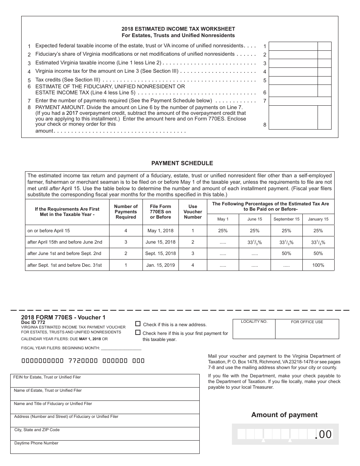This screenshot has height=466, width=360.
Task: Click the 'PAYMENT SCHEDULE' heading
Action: [182, 163]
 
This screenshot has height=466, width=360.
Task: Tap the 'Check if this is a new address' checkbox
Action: [138, 324]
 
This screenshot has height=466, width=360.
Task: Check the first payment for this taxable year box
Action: [138, 333]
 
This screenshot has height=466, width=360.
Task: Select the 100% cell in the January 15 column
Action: [318, 265]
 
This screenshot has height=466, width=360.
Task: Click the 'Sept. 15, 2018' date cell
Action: [161, 253]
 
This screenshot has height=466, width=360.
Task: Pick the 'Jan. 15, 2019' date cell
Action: [161, 265]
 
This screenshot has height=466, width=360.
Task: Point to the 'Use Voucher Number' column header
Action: [193, 212]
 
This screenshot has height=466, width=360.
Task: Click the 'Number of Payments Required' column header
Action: [125, 212]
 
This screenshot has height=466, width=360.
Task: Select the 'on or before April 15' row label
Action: [49, 231]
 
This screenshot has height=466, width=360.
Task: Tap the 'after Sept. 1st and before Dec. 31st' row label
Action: [64, 265]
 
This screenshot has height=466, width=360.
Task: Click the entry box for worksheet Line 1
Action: [293, 46]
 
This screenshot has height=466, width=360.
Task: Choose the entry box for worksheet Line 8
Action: [293, 117]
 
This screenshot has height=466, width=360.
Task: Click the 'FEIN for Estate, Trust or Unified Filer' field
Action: [105, 381]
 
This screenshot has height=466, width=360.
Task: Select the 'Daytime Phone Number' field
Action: [105, 447]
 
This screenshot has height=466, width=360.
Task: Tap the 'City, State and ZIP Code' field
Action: [105, 434]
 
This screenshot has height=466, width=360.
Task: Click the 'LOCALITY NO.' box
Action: [254, 329]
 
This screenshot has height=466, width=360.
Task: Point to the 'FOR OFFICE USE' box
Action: [307, 329]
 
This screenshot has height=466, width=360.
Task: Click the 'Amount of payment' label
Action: [284, 415]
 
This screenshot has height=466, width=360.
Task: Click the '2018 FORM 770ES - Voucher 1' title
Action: [63, 317]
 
